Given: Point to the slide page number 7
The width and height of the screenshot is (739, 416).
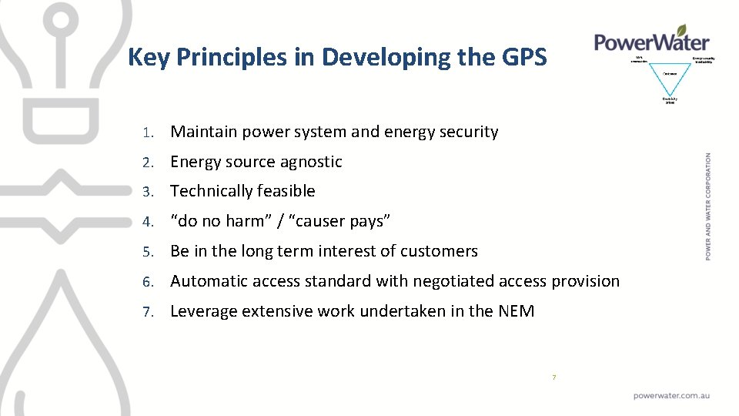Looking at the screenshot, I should [553, 377].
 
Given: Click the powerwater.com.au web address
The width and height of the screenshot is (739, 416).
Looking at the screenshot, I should [671, 395].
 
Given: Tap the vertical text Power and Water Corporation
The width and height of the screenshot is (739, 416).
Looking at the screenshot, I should [708, 206].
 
